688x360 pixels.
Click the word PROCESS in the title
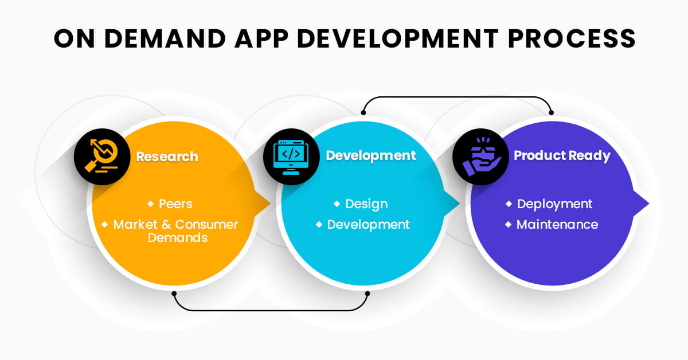coord(572,39)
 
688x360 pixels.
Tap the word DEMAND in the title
coord(165,39)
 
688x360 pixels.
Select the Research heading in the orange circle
coord(167,156)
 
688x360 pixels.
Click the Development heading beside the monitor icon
coord(371,156)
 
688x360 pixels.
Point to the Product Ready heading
coord(562,156)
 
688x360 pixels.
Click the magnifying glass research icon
coord(102,156)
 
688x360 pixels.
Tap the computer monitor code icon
coord(291,157)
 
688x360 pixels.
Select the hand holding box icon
coord(481,156)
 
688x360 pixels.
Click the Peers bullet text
coord(175,204)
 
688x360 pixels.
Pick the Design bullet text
coord(366,204)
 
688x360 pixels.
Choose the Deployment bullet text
coord(555,204)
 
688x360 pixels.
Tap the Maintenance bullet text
coord(557,225)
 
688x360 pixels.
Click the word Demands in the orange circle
coord(178,238)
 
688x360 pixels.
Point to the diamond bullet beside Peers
coord(150,204)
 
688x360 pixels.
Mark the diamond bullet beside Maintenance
coord(509,225)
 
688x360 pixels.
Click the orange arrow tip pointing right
coord(269,203)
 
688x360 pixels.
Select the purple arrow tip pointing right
coord(648,203)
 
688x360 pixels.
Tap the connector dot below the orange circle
coord(174,294)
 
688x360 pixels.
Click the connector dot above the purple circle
coord(552,113)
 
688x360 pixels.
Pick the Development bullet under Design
coord(368,225)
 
